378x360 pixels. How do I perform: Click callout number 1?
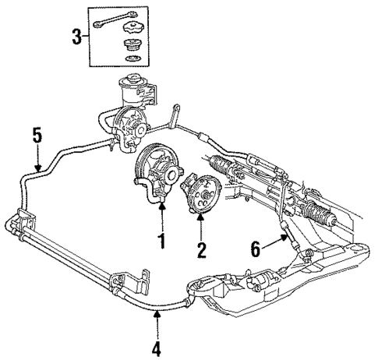coord(162,242)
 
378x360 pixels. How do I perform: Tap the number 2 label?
coord(200,250)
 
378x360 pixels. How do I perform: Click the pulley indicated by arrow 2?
coord(204,190)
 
